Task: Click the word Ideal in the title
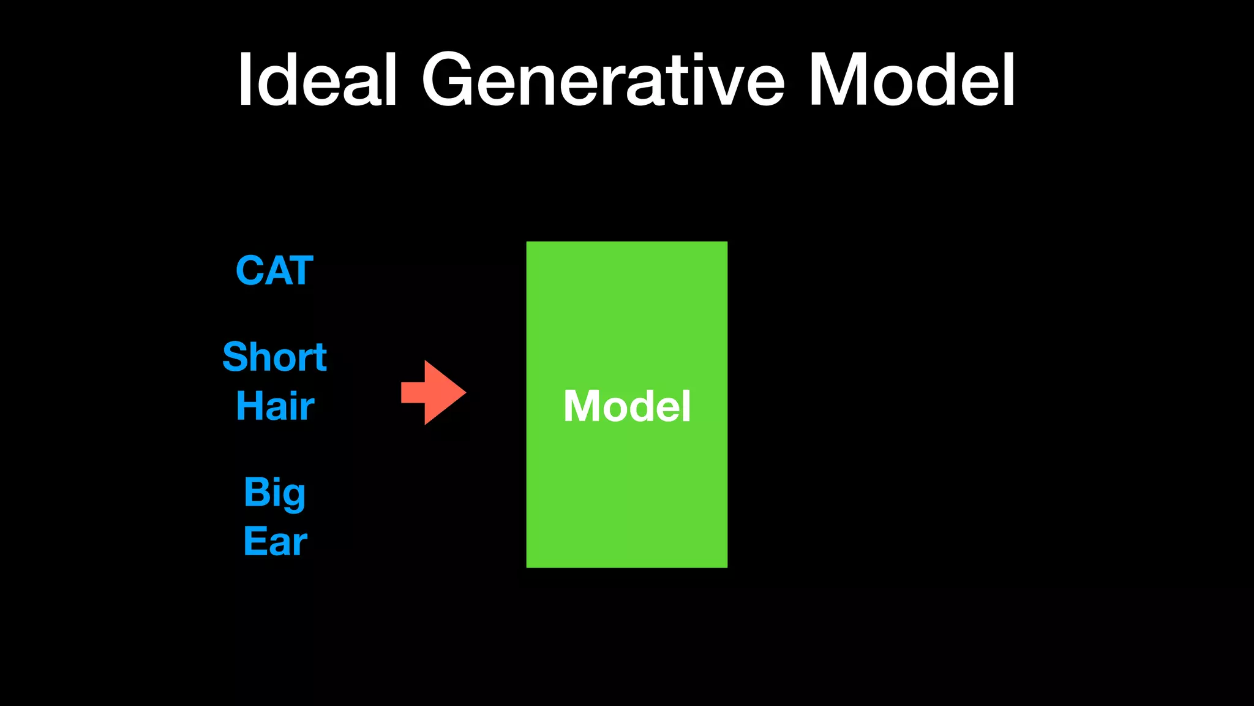click(x=318, y=80)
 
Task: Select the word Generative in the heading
click(x=603, y=80)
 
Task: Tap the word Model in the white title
click(x=912, y=80)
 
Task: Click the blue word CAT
click(x=274, y=271)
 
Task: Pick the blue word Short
click(x=274, y=357)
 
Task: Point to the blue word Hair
click(x=275, y=406)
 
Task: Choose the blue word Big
click(x=274, y=493)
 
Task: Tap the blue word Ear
click(x=275, y=541)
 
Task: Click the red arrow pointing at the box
click(x=434, y=392)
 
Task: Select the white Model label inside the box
click(x=626, y=406)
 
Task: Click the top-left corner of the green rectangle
click(x=528, y=243)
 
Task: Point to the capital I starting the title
click(x=244, y=80)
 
